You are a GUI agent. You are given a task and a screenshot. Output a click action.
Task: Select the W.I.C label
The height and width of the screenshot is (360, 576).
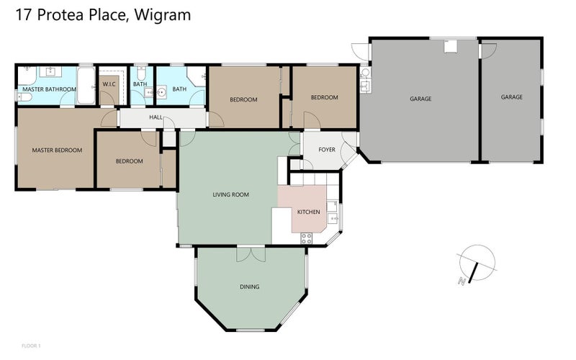point(109,84)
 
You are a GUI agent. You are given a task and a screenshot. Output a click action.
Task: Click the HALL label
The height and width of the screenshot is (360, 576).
point(156,117)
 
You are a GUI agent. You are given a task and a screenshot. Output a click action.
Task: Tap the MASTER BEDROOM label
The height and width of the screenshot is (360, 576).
point(57,150)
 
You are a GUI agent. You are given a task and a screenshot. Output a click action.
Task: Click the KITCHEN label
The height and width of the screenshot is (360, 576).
point(308,212)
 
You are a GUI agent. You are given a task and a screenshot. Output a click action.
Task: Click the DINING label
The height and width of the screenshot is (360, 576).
point(249,287)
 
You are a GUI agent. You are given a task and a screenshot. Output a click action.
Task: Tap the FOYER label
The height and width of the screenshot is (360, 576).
point(327,150)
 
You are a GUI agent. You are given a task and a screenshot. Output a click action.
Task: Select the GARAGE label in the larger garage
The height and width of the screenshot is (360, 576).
point(420,99)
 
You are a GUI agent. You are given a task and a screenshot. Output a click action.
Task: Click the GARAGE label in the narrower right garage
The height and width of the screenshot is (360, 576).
point(512,96)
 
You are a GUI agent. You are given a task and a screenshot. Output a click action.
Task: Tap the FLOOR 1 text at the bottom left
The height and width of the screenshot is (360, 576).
point(31,346)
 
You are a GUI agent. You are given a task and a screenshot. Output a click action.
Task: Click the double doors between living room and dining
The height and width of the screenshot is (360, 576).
point(251,253)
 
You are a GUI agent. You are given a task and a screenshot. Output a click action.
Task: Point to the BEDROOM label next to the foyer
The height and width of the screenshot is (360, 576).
point(324,97)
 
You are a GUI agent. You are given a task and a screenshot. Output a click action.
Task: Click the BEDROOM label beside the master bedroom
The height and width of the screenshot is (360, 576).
point(130,161)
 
